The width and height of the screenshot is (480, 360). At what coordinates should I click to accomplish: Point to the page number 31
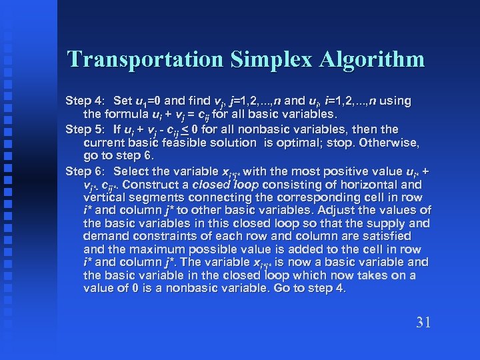[423, 323]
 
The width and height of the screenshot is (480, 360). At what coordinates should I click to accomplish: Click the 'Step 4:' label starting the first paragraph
[85, 102]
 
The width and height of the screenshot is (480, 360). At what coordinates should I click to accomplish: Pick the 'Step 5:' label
[85, 129]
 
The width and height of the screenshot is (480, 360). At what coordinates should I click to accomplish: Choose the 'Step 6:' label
[85, 171]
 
